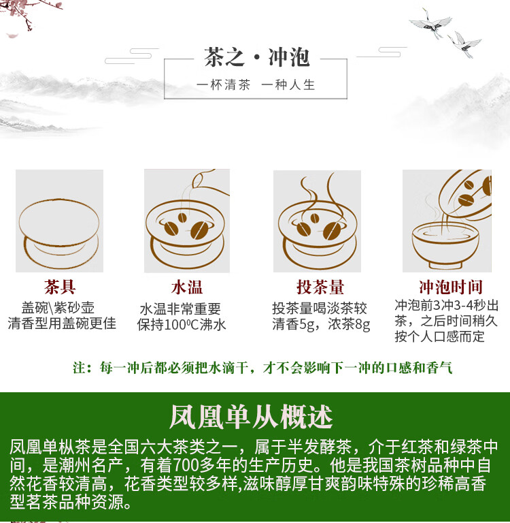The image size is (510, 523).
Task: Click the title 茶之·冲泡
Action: pyautogui.click(x=257, y=57)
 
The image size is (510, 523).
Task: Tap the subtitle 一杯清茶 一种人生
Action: pyautogui.click(x=256, y=84)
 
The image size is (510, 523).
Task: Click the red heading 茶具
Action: pyautogui.click(x=60, y=287)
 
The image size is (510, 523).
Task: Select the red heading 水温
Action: pyautogui.click(x=186, y=287)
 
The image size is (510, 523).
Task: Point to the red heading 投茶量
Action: pyautogui.click(x=320, y=287)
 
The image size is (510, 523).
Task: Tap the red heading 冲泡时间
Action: pyautogui.click(x=451, y=287)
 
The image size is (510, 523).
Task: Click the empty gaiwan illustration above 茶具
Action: pyautogui.click(x=59, y=234)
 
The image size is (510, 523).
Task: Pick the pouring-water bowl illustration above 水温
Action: pyautogui.click(x=187, y=221)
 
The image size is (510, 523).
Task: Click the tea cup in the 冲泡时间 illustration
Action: pyautogui.click(x=445, y=245)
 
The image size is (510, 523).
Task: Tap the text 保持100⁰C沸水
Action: pyautogui.click(x=182, y=325)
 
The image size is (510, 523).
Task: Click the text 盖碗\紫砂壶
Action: pyautogui.click(x=58, y=308)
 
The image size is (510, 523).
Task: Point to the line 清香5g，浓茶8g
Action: pyautogui.click(x=321, y=324)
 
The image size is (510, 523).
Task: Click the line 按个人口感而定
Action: pyautogui.click(x=440, y=336)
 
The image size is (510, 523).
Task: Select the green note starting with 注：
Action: pyautogui.click(x=263, y=368)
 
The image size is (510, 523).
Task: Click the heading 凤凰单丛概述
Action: pyautogui.click(x=251, y=417)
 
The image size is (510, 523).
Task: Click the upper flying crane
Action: pyautogui.click(x=430, y=23)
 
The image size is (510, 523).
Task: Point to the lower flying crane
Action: pyautogui.click(x=464, y=44)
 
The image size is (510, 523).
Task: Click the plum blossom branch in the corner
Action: pyautogui.click(x=30, y=14)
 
